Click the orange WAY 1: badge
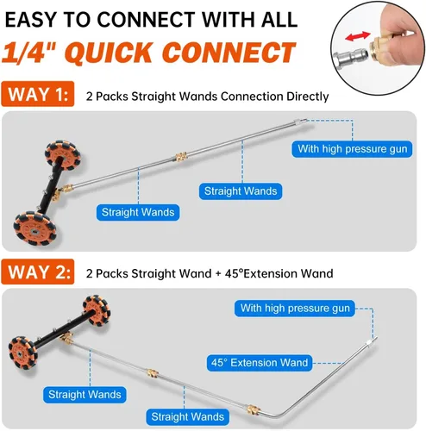click(x=38, y=94)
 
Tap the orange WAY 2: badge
click(x=38, y=272)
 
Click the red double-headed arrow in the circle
click(x=357, y=36)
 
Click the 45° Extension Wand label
click(x=260, y=363)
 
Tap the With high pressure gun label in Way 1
click(x=352, y=149)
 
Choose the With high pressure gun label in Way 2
click(x=295, y=309)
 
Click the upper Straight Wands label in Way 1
click(x=241, y=191)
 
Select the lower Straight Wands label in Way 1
click(x=138, y=212)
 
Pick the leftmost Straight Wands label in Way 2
click(x=85, y=395)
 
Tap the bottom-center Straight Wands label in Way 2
click(x=187, y=416)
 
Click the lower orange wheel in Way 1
click(x=35, y=228)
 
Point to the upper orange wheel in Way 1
click(x=63, y=154)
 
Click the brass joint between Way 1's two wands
click(x=180, y=158)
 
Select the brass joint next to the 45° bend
click(x=254, y=409)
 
